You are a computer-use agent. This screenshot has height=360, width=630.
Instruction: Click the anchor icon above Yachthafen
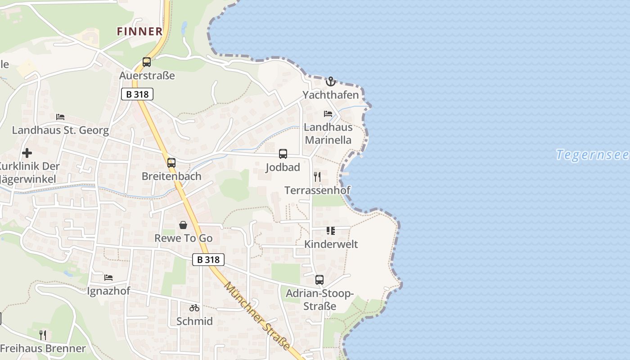click(331, 81)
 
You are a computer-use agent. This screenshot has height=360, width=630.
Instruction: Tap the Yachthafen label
click(331, 95)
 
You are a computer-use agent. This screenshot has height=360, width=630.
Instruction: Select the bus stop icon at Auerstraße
click(147, 62)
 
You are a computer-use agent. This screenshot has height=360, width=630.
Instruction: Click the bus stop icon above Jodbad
click(283, 154)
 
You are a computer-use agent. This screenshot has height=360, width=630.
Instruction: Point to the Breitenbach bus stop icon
click(171, 163)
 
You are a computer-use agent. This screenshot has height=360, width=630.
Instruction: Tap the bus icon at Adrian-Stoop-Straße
click(319, 280)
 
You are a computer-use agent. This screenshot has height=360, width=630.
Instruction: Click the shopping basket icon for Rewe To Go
click(183, 225)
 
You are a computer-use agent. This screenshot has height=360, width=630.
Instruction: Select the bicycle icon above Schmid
click(194, 308)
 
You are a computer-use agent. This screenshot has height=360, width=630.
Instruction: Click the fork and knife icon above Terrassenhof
click(317, 176)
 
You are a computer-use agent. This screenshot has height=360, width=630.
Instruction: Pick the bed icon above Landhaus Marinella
click(328, 114)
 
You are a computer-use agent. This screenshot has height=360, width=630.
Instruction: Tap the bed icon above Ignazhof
click(108, 278)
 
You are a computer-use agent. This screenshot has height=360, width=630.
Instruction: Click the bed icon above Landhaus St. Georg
click(60, 117)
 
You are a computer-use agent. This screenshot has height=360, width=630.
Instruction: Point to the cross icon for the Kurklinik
click(27, 153)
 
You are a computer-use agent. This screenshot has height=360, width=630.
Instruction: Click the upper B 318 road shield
click(137, 94)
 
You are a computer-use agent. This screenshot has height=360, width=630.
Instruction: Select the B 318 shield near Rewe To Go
click(208, 260)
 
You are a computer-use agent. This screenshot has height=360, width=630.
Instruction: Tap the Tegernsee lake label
click(592, 155)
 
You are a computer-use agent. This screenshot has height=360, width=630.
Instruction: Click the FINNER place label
click(139, 31)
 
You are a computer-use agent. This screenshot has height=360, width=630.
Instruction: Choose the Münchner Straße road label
click(257, 316)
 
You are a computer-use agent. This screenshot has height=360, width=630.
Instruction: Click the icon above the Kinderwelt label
click(331, 231)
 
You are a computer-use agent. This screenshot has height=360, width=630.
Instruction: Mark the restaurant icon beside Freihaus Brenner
click(43, 335)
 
